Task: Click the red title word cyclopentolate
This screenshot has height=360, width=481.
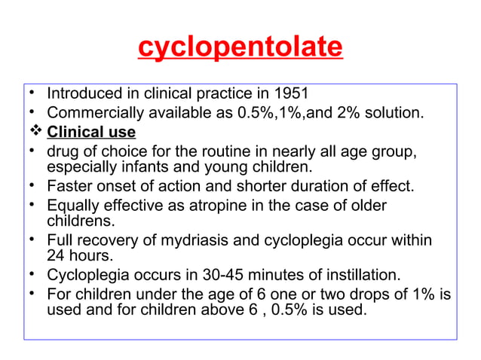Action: click(x=240, y=48)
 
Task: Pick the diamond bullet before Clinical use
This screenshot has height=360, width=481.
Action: click(x=32, y=133)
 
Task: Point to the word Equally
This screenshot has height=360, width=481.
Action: click(x=72, y=206)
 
